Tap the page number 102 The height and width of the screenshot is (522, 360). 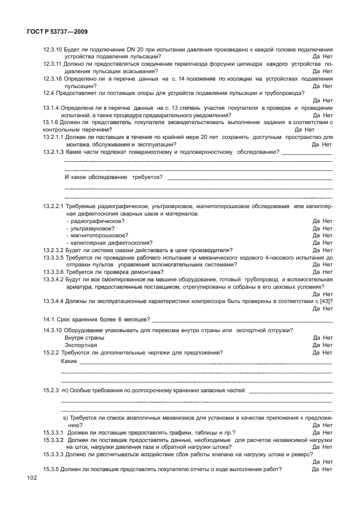click(30, 477)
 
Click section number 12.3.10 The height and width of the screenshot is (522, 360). click(53, 50)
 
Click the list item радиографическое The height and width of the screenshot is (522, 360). click(97, 221)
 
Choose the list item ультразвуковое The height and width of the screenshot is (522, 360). click(91, 228)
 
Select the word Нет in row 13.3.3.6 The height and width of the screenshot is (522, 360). click(328, 272)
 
